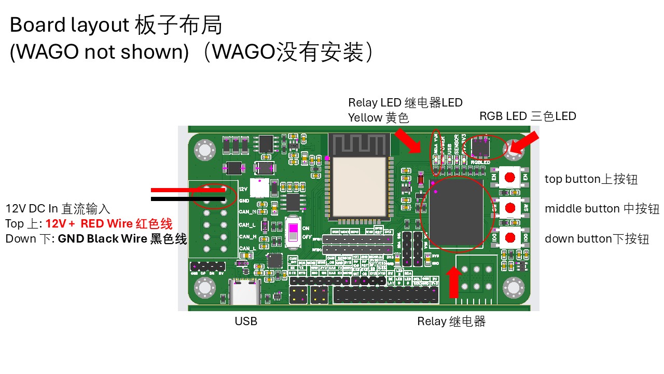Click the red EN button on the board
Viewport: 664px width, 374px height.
coord(510,177)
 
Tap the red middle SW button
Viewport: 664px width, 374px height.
coord(510,207)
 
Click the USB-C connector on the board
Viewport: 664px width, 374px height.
coord(245,293)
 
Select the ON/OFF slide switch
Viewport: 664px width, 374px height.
coord(294,232)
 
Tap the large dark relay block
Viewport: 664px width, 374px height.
coord(457,213)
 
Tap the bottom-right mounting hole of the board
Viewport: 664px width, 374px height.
coord(514,287)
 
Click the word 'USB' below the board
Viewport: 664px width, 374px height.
coord(246,321)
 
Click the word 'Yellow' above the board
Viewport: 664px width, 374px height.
coord(365,118)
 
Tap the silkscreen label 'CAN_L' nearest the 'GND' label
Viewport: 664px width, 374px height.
coord(247,224)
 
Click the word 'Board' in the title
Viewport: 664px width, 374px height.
coord(37,25)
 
